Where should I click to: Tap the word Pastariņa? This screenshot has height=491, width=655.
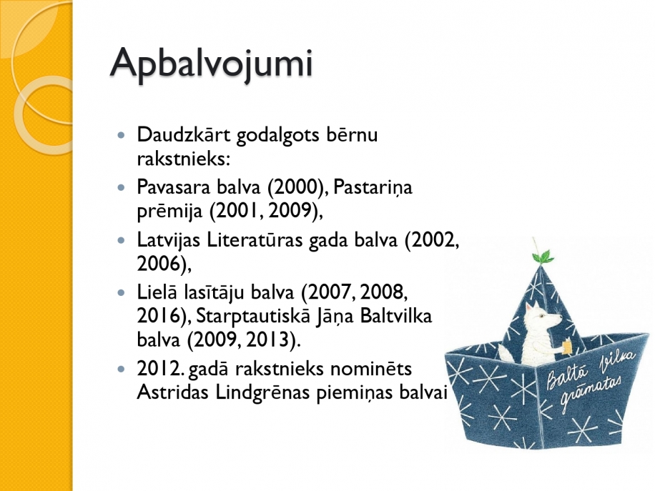(x=373, y=188)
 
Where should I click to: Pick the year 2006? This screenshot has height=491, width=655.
(x=161, y=264)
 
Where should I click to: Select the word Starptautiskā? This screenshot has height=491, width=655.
(x=253, y=317)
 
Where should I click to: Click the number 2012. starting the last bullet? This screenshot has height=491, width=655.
(x=161, y=369)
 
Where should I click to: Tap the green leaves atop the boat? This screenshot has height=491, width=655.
(x=543, y=256)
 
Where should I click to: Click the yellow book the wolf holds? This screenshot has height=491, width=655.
(x=567, y=347)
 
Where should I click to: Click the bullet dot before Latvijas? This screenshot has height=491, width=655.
(x=122, y=240)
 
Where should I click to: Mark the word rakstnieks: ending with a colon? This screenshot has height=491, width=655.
(x=184, y=159)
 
